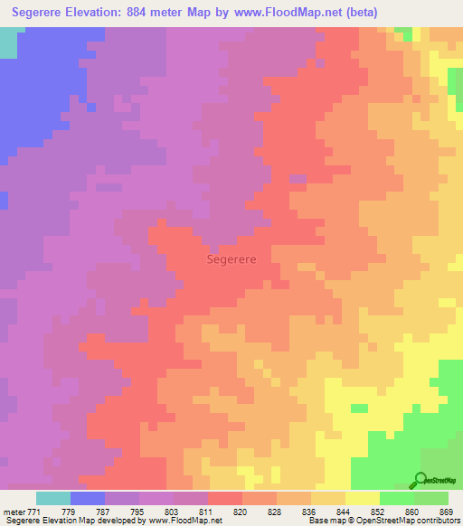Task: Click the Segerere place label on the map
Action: coord(231,258)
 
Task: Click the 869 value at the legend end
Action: coord(447,512)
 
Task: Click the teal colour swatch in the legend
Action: coord(53,498)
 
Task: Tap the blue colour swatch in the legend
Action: coord(88,498)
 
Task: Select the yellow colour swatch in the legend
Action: coord(362,498)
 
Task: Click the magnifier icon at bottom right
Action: coord(420,479)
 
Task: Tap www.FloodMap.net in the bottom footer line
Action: coord(185,521)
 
